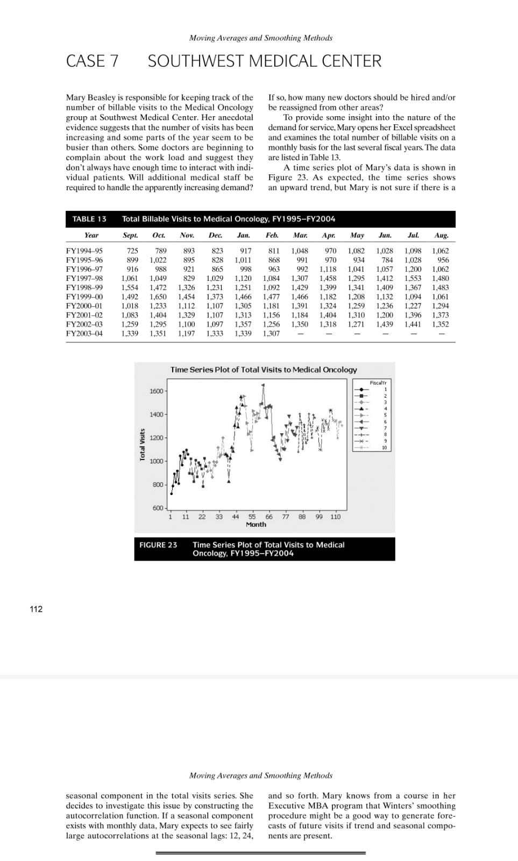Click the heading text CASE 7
point(92,61)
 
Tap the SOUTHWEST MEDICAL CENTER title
point(265,61)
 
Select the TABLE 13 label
point(89,219)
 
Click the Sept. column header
point(130,235)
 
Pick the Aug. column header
point(441,235)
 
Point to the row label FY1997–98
point(84,278)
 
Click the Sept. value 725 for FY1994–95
point(132,251)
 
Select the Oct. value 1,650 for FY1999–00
point(158,297)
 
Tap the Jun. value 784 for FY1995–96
point(387,260)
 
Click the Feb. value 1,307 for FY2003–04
point(271,334)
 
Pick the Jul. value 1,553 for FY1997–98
point(413,278)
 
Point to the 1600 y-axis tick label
point(156,391)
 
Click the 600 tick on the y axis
point(158,508)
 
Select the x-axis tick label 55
point(252,517)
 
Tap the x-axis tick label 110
point(335,517)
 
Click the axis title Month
point(256,525)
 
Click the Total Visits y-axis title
point(143,444)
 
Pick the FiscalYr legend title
point(378,383)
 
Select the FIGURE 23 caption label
point(158,545)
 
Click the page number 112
point(36,609)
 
